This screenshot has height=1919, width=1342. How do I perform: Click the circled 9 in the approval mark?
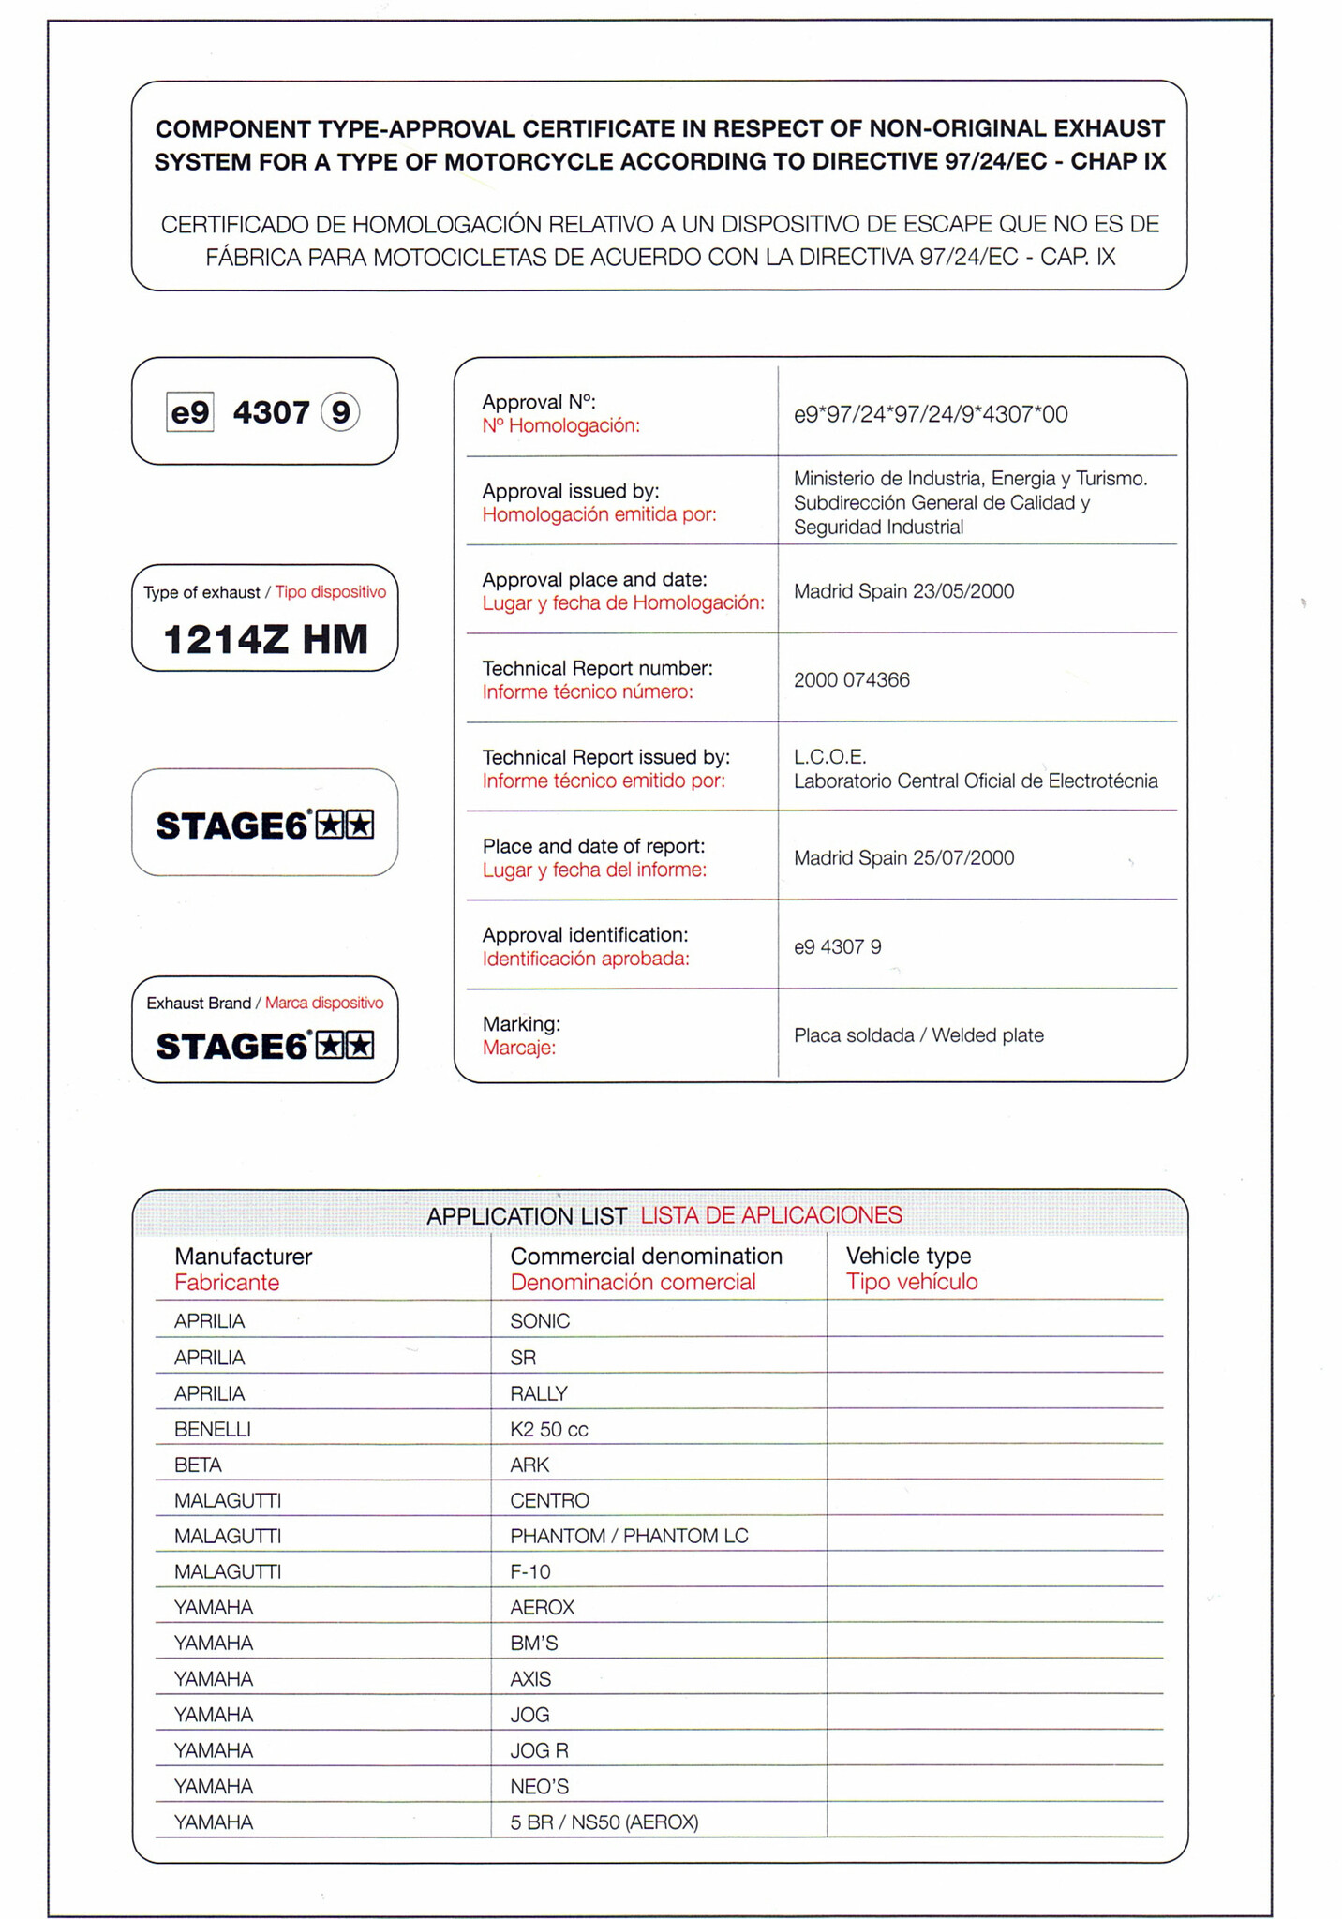340,412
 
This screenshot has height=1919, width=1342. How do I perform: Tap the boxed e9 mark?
190,412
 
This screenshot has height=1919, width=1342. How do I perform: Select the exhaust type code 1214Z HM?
265,640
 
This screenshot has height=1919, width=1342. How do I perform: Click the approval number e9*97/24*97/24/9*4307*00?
930,414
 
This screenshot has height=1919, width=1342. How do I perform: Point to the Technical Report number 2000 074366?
851,680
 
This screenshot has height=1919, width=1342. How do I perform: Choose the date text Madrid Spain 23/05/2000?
903,591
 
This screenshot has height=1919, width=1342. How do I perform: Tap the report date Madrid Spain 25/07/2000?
903,858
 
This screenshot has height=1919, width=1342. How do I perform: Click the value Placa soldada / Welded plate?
918,1035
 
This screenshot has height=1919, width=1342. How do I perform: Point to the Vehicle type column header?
908,1257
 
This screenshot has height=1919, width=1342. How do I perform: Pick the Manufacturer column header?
243,1257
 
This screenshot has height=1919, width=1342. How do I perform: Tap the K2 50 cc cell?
548,1429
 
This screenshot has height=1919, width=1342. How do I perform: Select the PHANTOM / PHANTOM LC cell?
629,1536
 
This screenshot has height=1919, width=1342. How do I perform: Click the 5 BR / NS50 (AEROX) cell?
604,1822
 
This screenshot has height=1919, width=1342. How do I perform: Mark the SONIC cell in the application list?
540,1321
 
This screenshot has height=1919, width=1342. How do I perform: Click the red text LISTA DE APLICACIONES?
771,1215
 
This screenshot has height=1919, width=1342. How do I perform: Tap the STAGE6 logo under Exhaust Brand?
265,1046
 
